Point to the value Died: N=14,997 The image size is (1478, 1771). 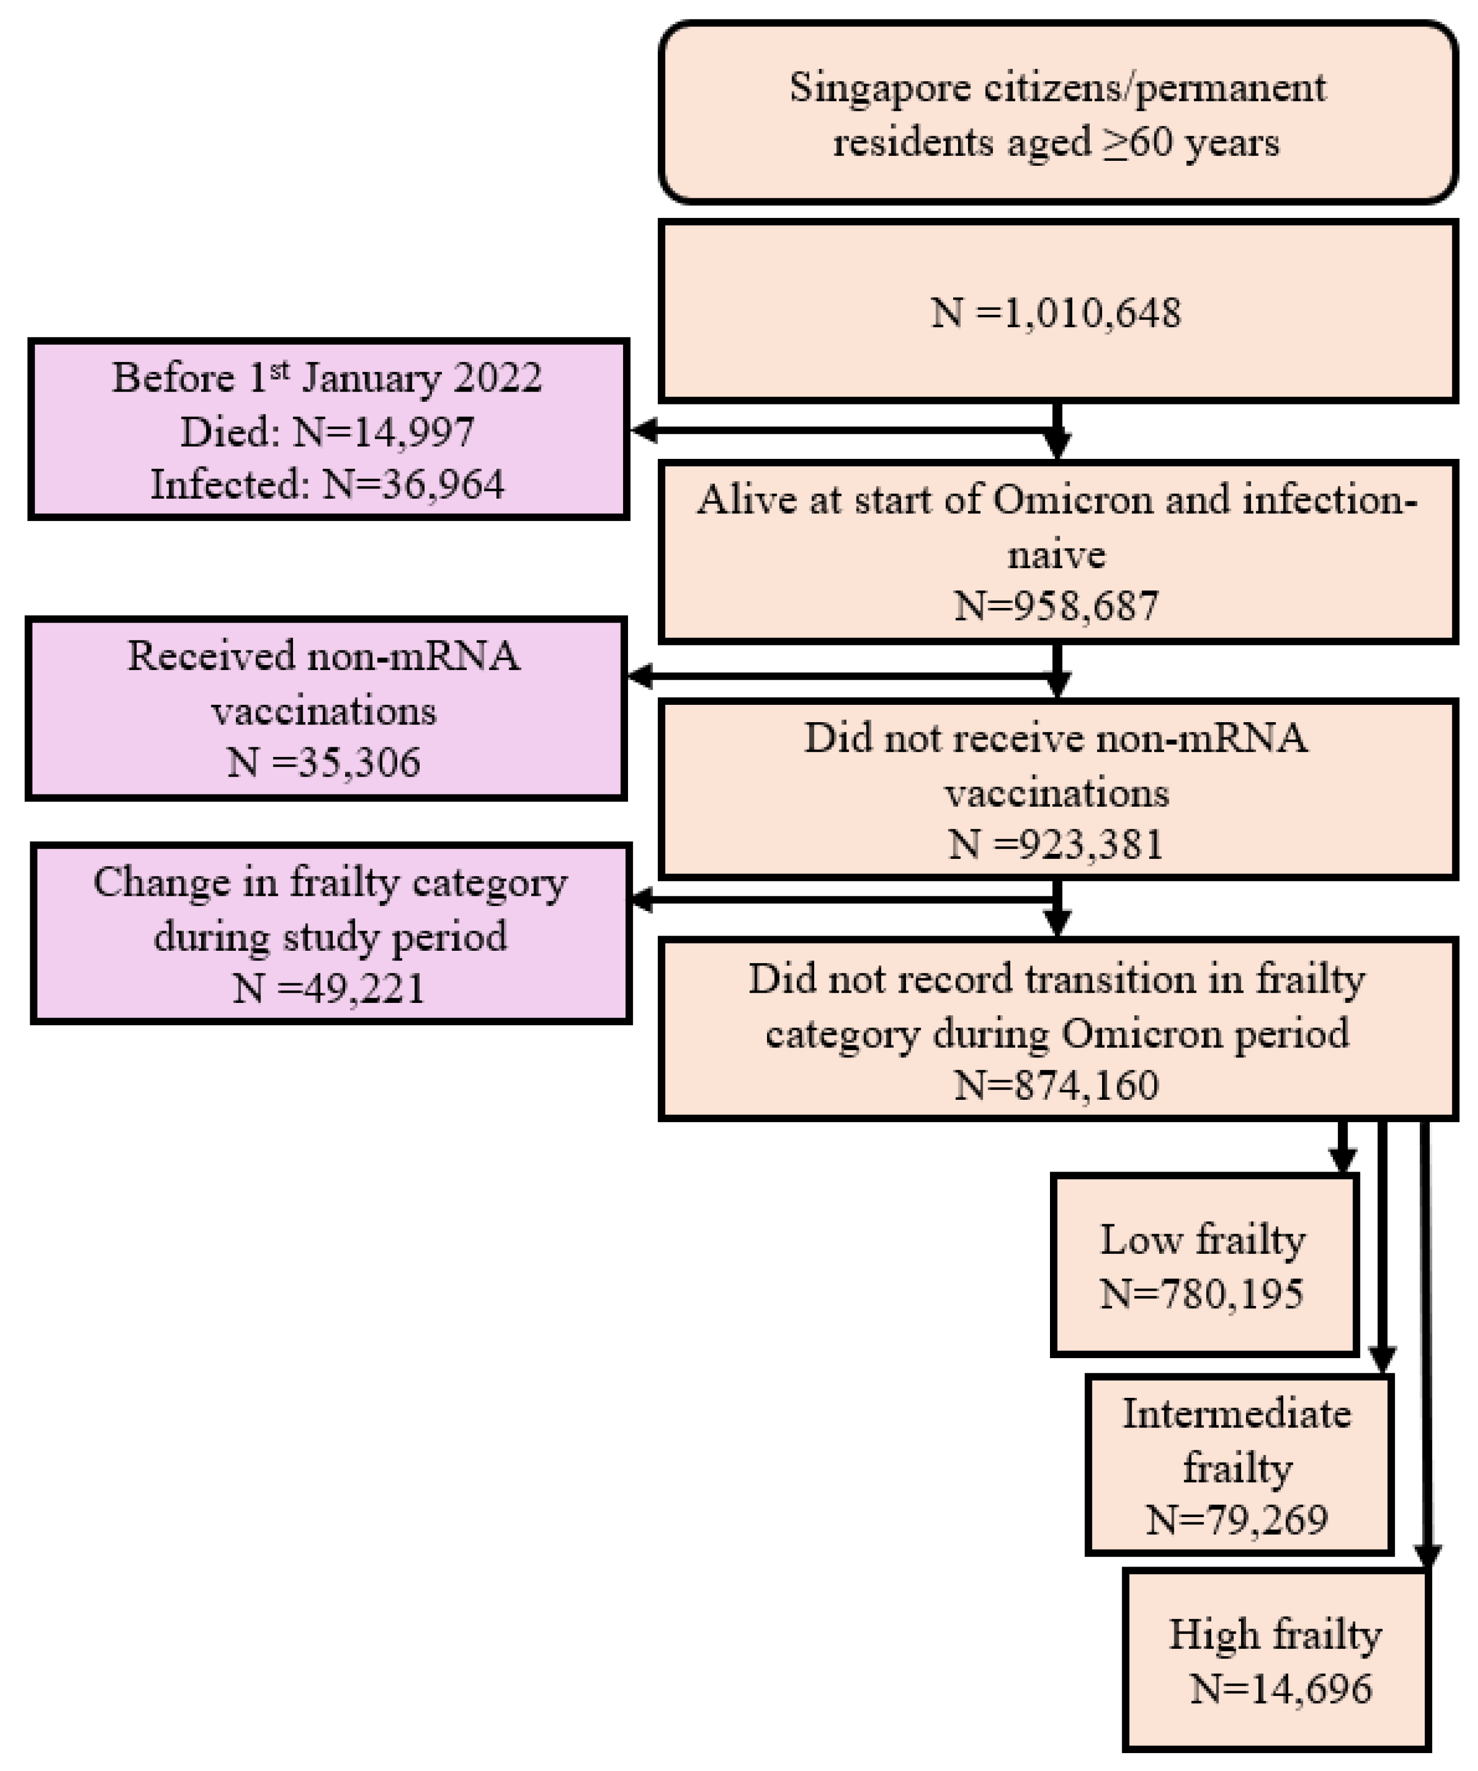coord(327,432)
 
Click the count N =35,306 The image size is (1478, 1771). coord(324,763)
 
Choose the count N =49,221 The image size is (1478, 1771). coord(329,988)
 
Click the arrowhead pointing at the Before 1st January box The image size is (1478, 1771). coord(645,431)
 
